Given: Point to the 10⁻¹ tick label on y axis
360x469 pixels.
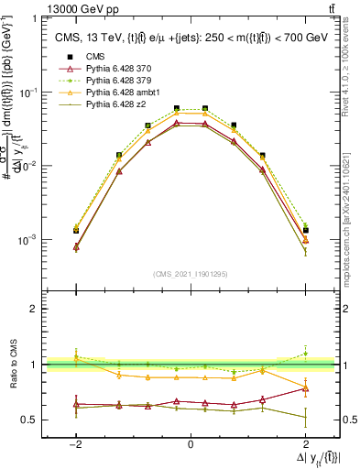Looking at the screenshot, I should tap(28, 93).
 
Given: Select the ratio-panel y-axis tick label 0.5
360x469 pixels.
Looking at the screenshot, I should tap(29, 420).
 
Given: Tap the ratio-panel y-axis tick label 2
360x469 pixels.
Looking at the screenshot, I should tap(35, 309).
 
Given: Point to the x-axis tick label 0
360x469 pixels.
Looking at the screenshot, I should tap(190, 444).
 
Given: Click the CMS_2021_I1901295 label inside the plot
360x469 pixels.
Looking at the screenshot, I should tap(190, 274).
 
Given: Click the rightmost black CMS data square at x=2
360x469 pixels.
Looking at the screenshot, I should tap(305, 230).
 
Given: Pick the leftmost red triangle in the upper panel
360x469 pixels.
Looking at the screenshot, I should tap(76, 247).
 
